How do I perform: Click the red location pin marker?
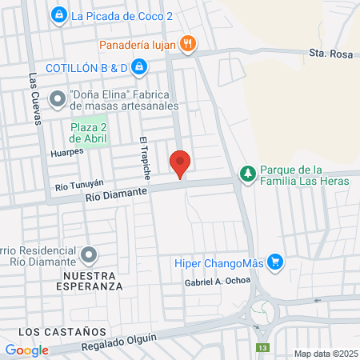coord(180,163)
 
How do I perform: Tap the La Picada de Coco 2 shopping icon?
coord(58,14)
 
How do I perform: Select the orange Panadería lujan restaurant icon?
coord(188,45)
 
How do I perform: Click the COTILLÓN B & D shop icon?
coord(139,67)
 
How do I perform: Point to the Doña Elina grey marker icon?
coord(58,99)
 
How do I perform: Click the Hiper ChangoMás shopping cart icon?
coord(275,262)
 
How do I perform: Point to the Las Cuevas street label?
coord(34,100)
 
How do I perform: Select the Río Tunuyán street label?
coord(79,186)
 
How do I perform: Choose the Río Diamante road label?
coord(118,193)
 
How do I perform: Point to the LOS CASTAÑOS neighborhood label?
coord(62,330)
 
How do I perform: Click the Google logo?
coord(26,350)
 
